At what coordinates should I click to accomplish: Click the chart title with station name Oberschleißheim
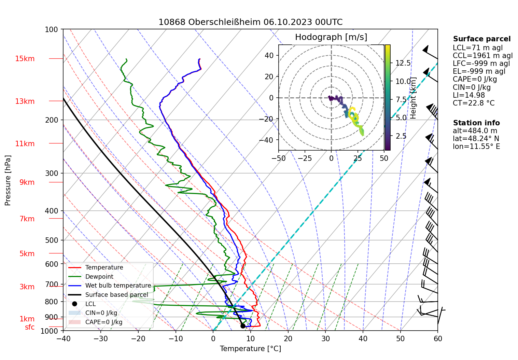[250, 22]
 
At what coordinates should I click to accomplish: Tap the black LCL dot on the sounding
[243, 326]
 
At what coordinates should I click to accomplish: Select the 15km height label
[25, 59]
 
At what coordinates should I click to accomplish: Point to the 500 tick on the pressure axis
[52, 240]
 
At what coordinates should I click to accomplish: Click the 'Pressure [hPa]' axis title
[8, 180]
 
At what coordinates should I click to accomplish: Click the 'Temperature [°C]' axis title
[250, 349]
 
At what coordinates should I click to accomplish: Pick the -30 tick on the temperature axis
[100, 338]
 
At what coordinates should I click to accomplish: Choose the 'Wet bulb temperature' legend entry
[118, 286]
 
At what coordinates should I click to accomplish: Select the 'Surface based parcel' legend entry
[116, 295]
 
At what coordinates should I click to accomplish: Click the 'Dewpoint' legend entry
[99, 277]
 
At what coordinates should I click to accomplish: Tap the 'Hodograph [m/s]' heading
[331, 37]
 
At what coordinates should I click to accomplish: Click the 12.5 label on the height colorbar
[403, 63]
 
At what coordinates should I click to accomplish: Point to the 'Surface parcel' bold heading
[481, 39]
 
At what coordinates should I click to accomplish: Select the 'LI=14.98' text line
[468, 95]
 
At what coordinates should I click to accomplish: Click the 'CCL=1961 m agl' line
[482, 56]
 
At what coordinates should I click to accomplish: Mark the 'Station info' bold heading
[476, 123]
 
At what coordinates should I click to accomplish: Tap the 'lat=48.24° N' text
[476, 139]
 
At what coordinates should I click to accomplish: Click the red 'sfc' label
[30, 327]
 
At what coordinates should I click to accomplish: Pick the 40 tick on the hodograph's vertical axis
[269, 55]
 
